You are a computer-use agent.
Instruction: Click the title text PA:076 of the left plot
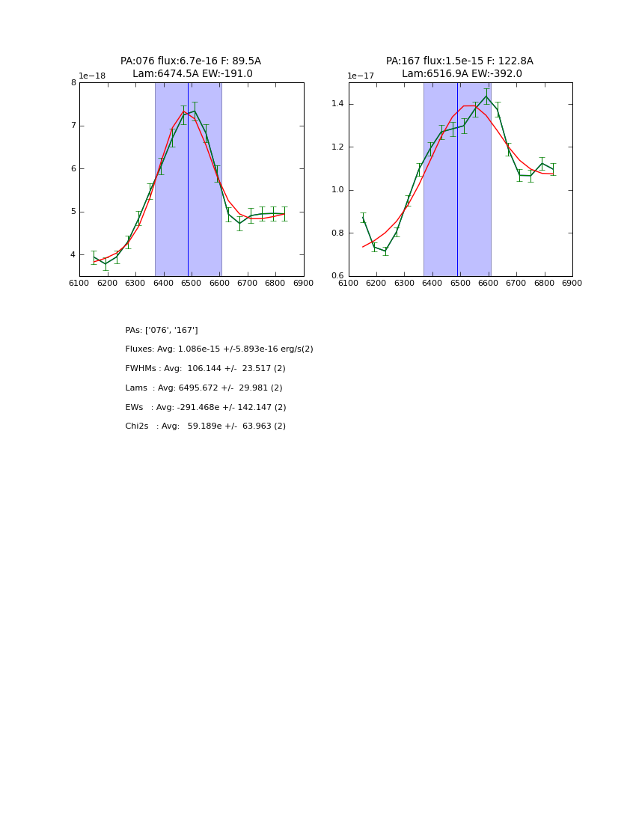point(137,61)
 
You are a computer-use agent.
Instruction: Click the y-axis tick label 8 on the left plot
point(73,83)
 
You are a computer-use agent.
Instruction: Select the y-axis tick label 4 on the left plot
point(73,255)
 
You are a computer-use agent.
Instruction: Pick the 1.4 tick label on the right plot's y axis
point(337,104)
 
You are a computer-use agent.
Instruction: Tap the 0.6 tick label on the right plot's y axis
point(337,276)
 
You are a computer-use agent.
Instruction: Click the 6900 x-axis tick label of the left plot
point(303,284)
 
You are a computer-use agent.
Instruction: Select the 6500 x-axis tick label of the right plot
point(460,284)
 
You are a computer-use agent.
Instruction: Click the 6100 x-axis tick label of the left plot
point(79,284)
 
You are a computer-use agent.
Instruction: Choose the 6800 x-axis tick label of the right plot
point(544,284)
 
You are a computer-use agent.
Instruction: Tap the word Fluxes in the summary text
point(140,349)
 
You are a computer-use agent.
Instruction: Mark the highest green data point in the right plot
point(486,97)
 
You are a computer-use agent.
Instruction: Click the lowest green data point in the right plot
point(385,251)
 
